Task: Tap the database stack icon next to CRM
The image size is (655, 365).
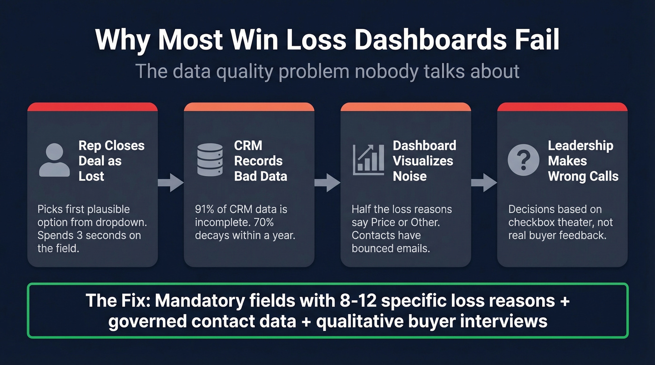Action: pyautogui.click(x=210, y=160)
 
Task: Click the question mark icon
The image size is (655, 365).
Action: pyautogui.click(x=523, y=160)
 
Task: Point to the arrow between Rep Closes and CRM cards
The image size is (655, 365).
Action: pyautogui.click(x=170, y=182)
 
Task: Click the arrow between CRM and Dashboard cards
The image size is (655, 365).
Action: pyautogui.click(x=327, y=182)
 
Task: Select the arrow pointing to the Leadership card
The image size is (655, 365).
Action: pyautogui.click(x=484, y=182)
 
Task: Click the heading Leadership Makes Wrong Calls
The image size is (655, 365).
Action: pyautogui.click(x=583, y=160)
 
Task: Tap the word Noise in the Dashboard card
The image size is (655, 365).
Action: pyautogui.click(x=409, y=176)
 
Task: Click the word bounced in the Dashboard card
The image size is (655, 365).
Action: pyautogui.click(x=372, y=248)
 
